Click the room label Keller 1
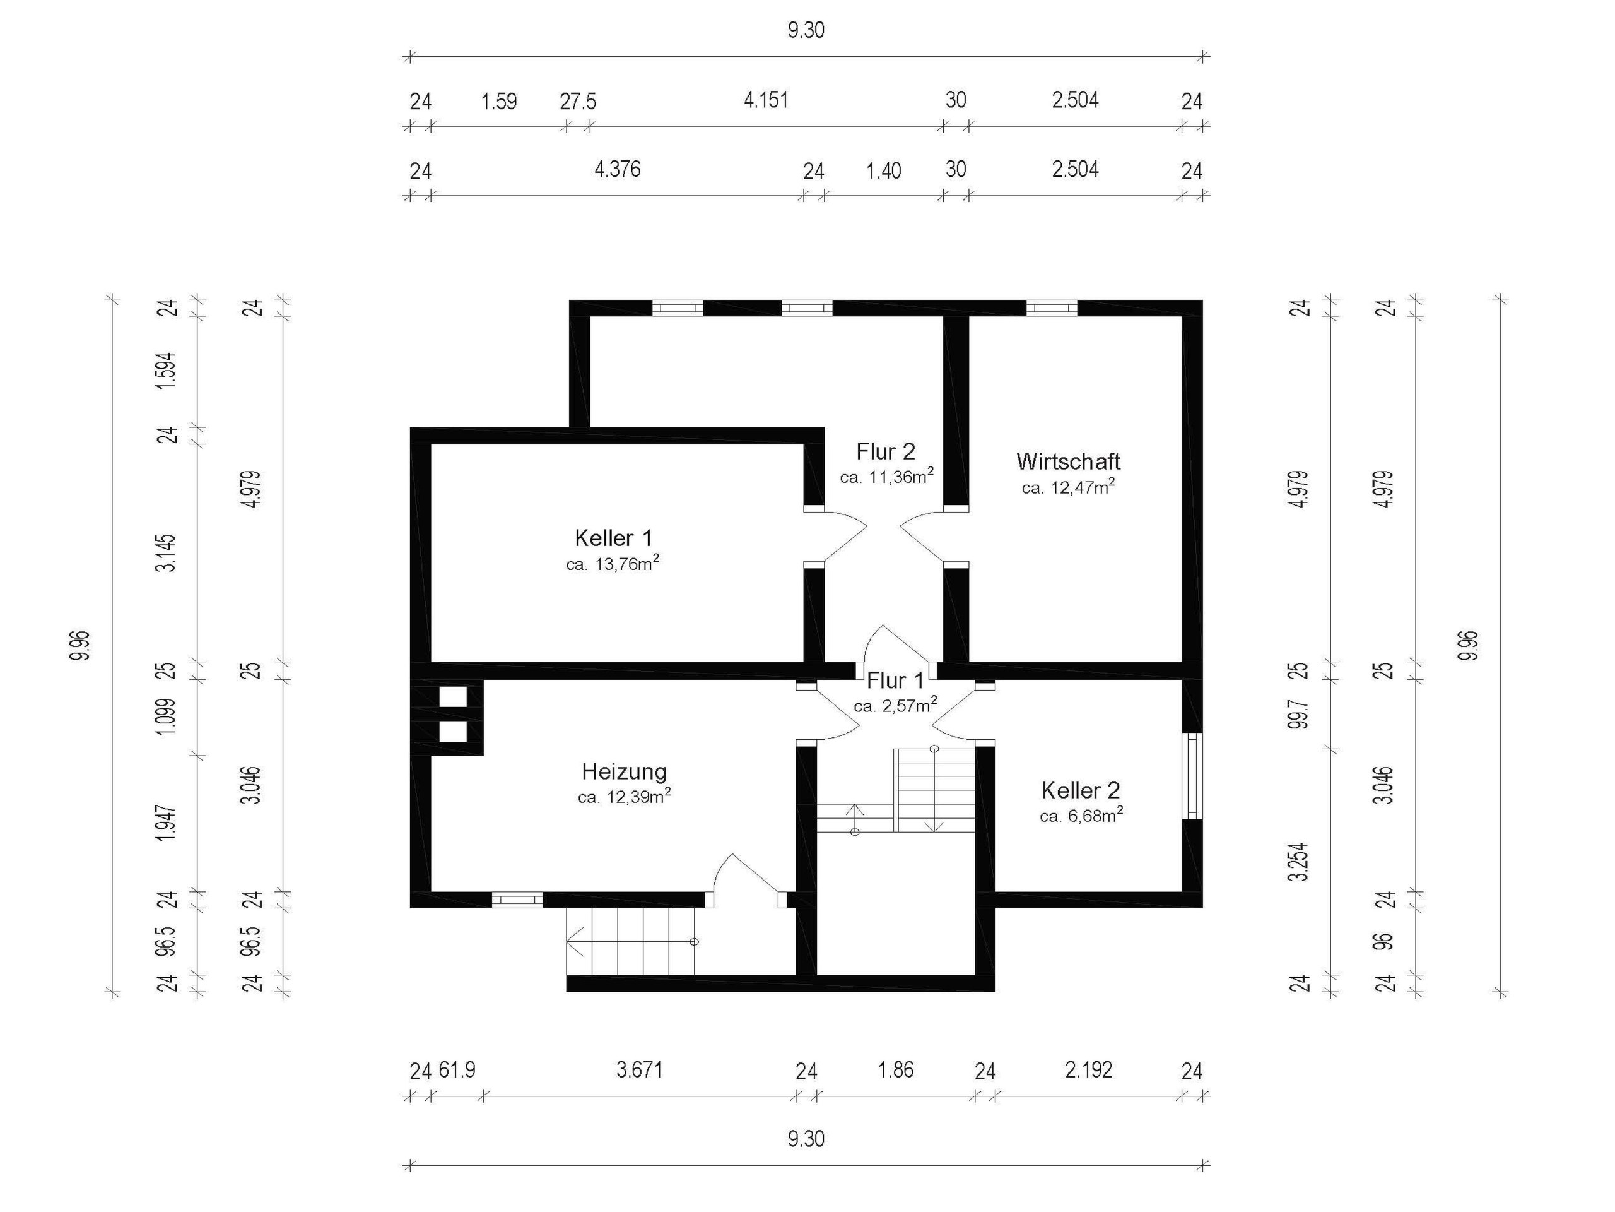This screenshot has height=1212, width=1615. click(x=613, y=538)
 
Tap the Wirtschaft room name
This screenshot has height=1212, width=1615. click(x=1068, y=461)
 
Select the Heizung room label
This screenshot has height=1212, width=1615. click(x=625, y=772)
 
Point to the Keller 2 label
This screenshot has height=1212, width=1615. click(x=1081, y=790)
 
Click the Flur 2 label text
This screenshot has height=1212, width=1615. click(x=886, y=451)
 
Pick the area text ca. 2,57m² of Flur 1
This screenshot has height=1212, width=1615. click(x=895, y=705)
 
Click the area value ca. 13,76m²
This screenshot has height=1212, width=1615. click(x=613, y=563)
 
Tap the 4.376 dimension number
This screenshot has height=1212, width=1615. click(x=618, y=169)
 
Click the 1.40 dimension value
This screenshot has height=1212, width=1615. click(x=883, y=171)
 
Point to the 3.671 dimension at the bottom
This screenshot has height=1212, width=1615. click(x=640, y=1070)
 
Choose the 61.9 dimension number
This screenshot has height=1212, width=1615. click(x=457, y=1070)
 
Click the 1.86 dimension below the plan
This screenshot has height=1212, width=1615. click(x=896, y=1070)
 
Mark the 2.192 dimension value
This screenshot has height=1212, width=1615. click(x=1089, y=1070)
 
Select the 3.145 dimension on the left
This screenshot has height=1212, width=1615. click(x=167, y=553)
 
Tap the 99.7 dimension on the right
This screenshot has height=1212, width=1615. click(x=1300, y=711)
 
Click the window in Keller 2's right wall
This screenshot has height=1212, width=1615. click(x=1192, y=776)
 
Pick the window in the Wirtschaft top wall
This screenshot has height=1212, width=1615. click(x=1052, y=308)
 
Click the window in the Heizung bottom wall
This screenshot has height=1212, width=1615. click(x=517, y=900)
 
